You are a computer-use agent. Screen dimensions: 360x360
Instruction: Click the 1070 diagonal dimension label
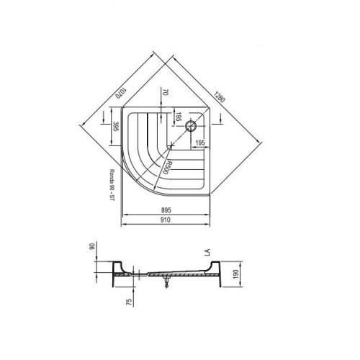(121, 94)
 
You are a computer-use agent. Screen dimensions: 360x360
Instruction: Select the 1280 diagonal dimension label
(220, 96)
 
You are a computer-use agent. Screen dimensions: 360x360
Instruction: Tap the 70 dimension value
(165, 92)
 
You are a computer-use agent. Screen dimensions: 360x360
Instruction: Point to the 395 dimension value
(116, 126)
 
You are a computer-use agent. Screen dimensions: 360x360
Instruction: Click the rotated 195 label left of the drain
(178, 117)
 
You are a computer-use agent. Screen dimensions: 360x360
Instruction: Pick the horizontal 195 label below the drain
(200, 143)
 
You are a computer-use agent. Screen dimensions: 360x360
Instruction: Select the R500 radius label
(164, 167)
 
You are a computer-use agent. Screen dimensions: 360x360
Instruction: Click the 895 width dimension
(166, 210)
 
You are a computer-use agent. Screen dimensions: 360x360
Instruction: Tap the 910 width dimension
(166, 220)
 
